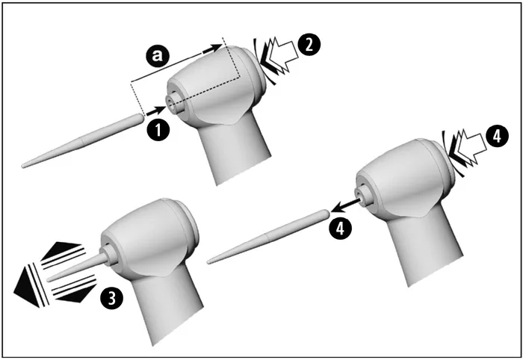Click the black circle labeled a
158,56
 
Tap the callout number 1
158,129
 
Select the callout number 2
309,45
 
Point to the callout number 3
112,298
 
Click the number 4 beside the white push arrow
498,136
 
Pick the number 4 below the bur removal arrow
340,229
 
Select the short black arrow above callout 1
155,111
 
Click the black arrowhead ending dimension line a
212,49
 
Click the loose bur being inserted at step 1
83,140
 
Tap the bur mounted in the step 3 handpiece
78,267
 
